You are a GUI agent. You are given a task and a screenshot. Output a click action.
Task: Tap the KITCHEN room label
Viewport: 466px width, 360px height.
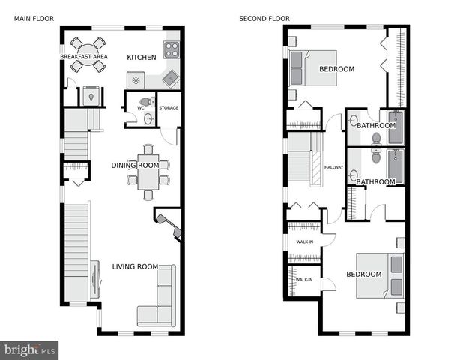tap(141, 58)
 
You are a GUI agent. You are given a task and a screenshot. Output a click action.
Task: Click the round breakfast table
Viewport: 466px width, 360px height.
tap(88, 55)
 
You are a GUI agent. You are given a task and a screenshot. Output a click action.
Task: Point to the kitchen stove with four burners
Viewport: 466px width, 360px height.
tap(172, 50)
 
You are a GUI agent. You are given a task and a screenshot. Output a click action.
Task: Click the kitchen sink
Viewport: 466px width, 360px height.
tap(171, 78)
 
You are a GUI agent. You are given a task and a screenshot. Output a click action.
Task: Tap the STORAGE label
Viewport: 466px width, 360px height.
tap(169, 108)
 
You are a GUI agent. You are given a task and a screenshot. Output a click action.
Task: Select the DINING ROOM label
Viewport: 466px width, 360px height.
tap(135, 166)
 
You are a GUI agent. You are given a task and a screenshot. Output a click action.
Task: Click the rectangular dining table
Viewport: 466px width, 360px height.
tap(148, 173)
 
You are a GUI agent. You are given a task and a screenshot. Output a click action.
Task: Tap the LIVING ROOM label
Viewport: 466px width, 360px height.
tap(135, 266)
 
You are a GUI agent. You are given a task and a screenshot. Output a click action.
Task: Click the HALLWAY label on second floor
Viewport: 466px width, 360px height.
tap(333, 167)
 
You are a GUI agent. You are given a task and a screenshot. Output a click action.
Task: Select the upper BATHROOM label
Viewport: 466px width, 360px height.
tap(375, 125)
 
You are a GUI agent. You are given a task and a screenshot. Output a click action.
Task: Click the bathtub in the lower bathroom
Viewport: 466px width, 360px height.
tap(395, 165)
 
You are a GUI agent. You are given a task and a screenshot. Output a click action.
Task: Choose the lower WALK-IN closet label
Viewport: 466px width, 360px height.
tap(303, 280)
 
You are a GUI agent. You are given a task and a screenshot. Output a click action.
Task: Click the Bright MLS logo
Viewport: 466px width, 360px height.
tap(30, 349)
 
